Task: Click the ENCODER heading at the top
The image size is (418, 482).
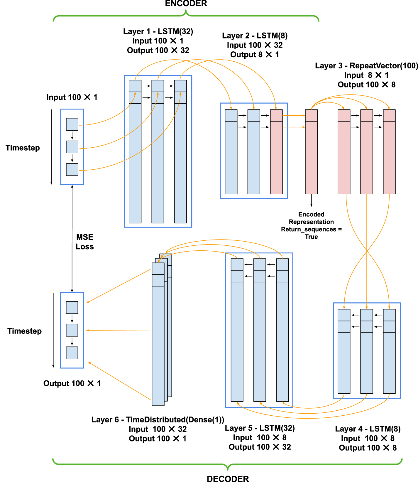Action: click(x=186, y=4)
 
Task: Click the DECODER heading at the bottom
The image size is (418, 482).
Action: click(x=228, y=478)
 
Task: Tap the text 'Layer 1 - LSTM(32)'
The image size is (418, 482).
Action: click(x=158, y=31)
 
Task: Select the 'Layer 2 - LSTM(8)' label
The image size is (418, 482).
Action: click(x=255, y=36)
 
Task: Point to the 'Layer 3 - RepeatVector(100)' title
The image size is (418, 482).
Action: click(x=366, y=66)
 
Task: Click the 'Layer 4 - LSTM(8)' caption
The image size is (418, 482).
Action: click(x=368, y=429)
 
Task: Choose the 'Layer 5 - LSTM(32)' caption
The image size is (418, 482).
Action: click(x=260, y=428)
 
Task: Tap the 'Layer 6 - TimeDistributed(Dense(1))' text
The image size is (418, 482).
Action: click(x=158, y=419)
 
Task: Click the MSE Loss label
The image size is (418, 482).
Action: click(x=84, y=242)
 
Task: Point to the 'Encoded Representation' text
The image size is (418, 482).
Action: click(x=311, y=218)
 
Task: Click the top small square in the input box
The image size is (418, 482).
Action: click(x=72, y=124)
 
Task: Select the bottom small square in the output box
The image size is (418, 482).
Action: click(x=72, y=353)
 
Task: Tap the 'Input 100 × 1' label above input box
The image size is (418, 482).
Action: click(x=72, y=97)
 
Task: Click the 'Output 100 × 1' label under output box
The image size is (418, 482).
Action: click(x=72, y=383)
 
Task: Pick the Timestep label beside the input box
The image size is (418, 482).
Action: click(x=23, y=148)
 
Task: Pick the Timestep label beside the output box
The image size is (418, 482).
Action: click(x=24, y=331)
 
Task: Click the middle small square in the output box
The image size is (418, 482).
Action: click(x=72, y=330)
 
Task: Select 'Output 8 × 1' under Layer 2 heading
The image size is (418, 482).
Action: click(x=254, y=55)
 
